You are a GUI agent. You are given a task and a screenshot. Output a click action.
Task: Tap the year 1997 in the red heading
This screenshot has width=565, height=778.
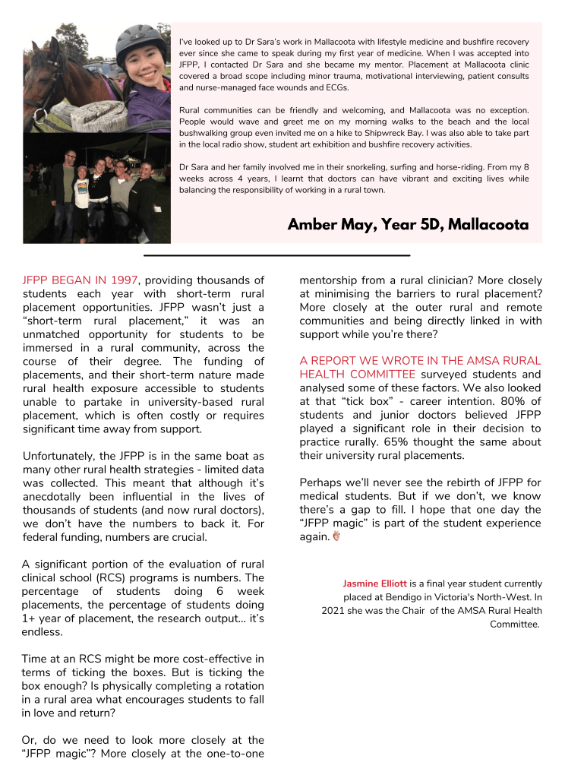[123, 280]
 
